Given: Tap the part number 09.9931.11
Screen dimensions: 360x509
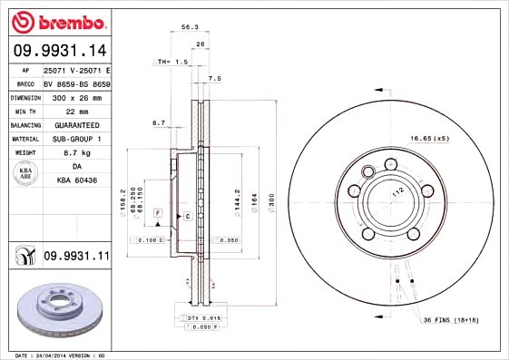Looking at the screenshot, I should point(76,257).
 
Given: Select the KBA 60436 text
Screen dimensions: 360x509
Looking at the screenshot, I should point(75,182).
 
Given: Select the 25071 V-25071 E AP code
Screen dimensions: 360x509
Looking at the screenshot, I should point(76,69).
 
